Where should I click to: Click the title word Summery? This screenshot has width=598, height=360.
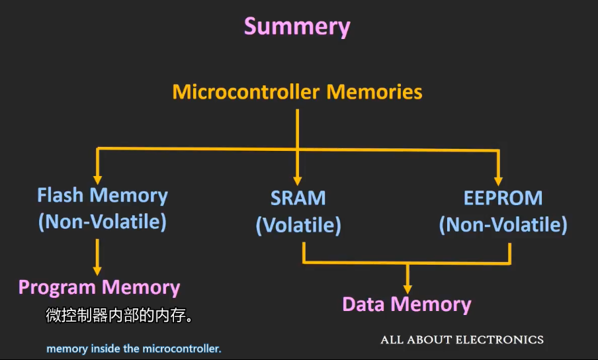coord(297,26)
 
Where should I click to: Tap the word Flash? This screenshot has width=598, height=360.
coord(62,196)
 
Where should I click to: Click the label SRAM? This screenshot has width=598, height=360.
coord(298,198)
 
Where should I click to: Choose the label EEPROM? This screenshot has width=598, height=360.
coord(503,198)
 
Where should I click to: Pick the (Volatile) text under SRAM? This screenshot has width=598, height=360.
coord(298,226)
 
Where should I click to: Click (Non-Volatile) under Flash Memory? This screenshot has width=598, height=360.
coord(103,222)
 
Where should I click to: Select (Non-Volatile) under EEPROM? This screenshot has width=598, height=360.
coord(503,225)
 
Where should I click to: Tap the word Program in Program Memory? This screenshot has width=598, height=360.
coord(58,287)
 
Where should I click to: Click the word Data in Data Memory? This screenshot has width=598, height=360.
coord(363,304)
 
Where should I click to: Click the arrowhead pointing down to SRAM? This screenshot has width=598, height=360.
coord(298,179)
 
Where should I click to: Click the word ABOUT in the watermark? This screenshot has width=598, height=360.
coord(427,340)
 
